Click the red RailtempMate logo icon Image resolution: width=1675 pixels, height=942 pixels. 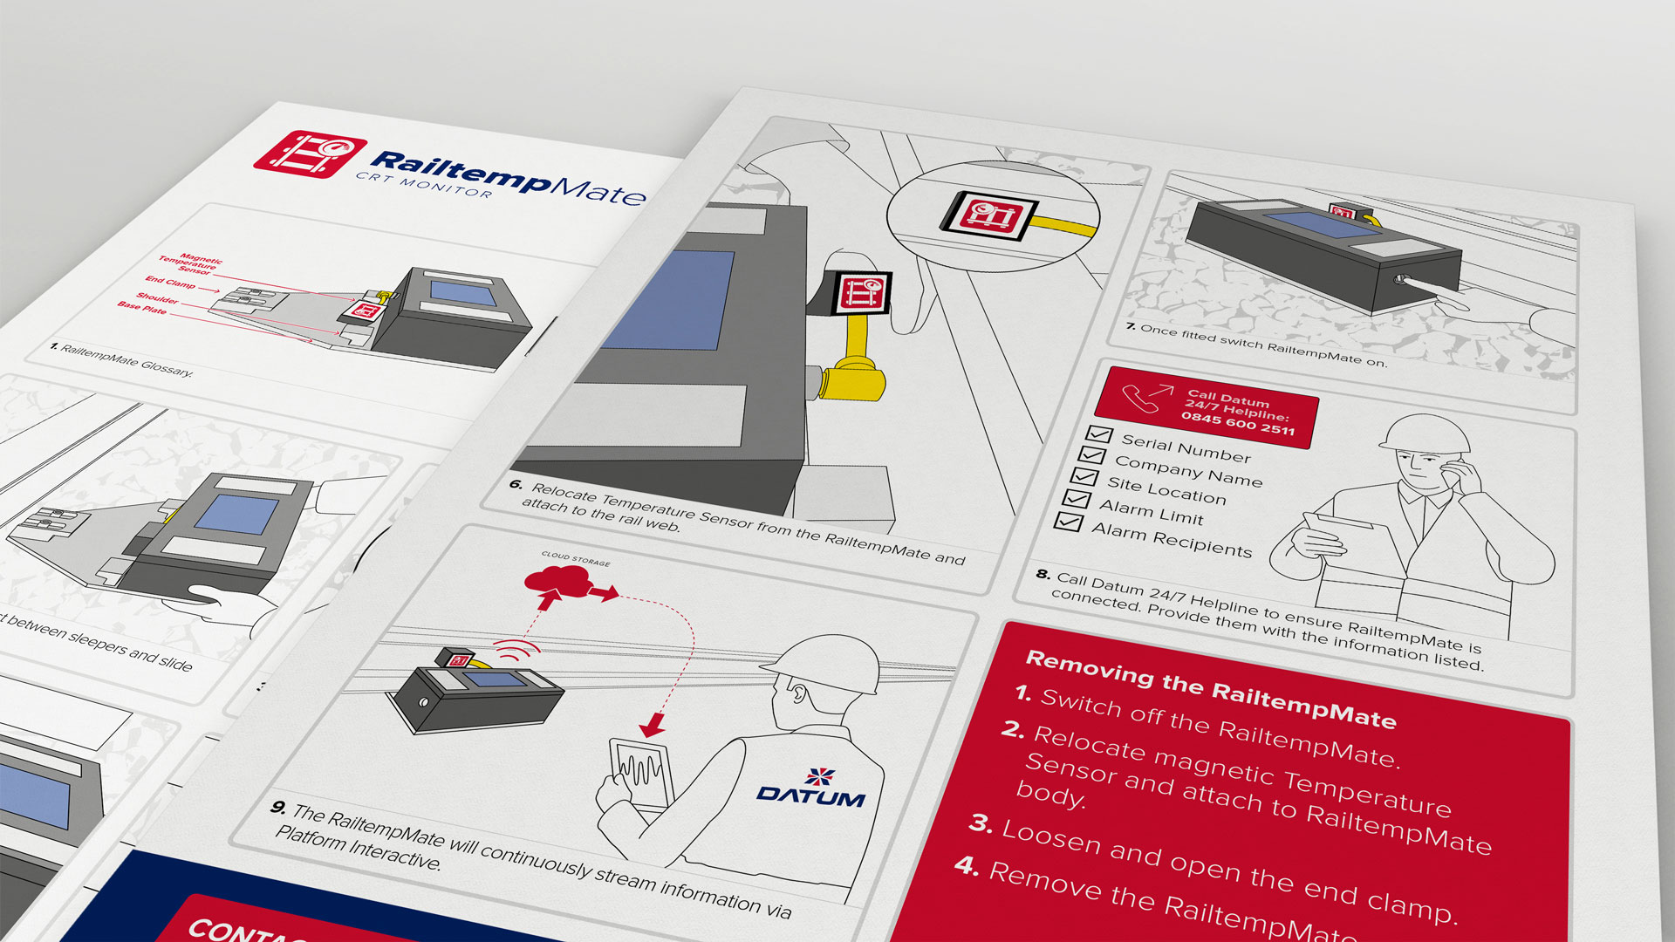310,154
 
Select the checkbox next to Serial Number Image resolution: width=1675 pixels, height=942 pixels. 1099,434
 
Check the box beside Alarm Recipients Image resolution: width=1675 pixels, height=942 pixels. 1069,522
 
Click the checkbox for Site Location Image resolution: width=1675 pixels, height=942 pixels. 1084,477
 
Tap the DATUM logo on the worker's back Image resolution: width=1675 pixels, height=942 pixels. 811,788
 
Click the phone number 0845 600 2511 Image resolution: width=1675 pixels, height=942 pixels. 1238,424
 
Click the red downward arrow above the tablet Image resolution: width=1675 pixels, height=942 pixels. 652,724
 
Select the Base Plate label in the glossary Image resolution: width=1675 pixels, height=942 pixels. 142,308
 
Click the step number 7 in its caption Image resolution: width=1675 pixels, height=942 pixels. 1131,326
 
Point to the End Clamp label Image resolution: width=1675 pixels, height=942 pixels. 170,282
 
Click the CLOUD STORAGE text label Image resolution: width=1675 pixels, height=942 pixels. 576,558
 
